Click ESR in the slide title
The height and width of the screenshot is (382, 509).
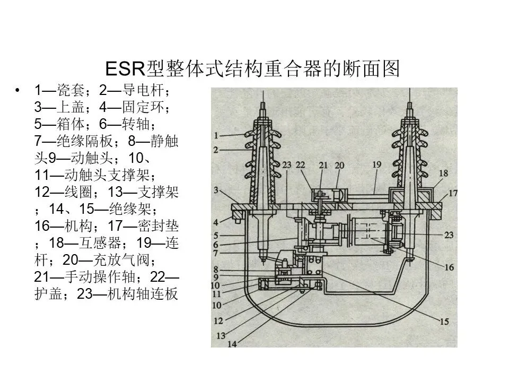122,69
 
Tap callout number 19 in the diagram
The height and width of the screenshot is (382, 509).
376,165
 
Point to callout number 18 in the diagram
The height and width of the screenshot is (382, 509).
443,173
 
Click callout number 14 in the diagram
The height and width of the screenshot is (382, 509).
231,344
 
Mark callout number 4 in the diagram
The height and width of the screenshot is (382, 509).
216,221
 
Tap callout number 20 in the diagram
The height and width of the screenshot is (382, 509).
339,165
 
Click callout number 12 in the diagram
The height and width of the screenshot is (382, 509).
218,321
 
